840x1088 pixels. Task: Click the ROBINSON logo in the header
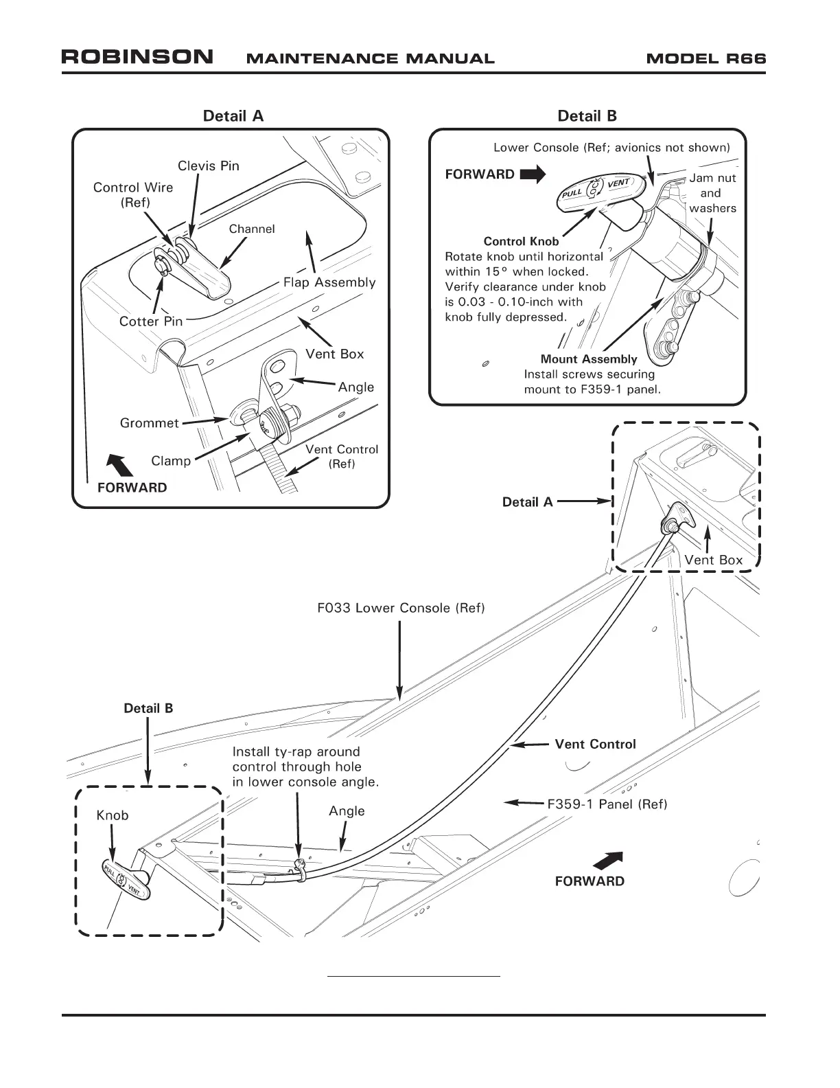click(137, 57)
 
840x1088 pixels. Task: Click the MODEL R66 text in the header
click(705, 58)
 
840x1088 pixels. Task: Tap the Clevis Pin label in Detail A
click(209, 166)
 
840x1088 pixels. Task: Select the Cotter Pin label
click(151, 321)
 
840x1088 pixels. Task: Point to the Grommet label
click(149, 423)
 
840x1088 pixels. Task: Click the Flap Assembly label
click(329, 282)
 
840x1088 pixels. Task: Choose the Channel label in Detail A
click(252, 229)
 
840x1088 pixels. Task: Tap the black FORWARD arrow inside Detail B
click(533, 174)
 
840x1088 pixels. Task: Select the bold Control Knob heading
click(521, 241)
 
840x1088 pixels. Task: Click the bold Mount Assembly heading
click(589, 359)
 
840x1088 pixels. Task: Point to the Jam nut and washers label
click(712, 193)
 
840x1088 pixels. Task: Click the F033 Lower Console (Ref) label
click(401, 609)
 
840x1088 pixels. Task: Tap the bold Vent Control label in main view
click(595, 745)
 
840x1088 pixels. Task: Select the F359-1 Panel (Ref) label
click(607, 804)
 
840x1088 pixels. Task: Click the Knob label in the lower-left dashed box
click(113, 815)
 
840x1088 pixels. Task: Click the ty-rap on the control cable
click(299, 865)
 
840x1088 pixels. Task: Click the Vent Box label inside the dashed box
click(713, 560)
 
